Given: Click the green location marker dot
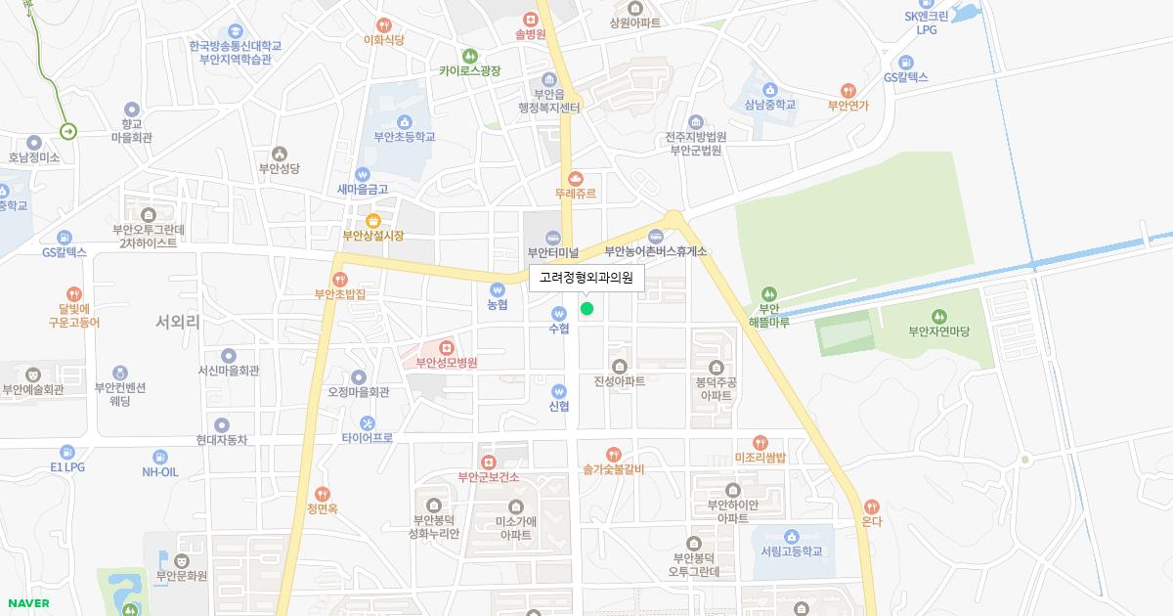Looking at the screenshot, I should [586, 309].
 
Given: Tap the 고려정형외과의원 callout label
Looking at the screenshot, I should [586, 278].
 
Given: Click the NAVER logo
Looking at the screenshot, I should [28, 603].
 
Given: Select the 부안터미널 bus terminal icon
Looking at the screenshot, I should [553, 237].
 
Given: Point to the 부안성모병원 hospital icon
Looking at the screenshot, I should [447, 347].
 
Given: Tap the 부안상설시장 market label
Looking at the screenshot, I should [372, 236].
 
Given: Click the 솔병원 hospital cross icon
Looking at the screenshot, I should [530, 19].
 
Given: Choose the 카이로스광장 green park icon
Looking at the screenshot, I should [470, 56].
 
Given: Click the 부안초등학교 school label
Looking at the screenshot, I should [405, 138].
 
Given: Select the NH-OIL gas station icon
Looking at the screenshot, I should [160, 456].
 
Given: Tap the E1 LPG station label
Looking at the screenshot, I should [67, 467].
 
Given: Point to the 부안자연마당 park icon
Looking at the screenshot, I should [938, 316].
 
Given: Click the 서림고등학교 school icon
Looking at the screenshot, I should [792, 536].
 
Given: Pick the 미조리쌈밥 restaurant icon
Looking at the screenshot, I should [760, 443].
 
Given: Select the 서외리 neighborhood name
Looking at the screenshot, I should [178, 321].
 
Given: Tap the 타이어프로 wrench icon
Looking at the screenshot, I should [368, 423].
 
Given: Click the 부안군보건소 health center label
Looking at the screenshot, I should [488, 477].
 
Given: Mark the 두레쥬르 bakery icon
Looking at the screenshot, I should [576, 178].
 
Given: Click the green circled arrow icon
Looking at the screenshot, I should [68, 131].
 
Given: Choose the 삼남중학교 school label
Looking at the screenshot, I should [770, 105].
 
